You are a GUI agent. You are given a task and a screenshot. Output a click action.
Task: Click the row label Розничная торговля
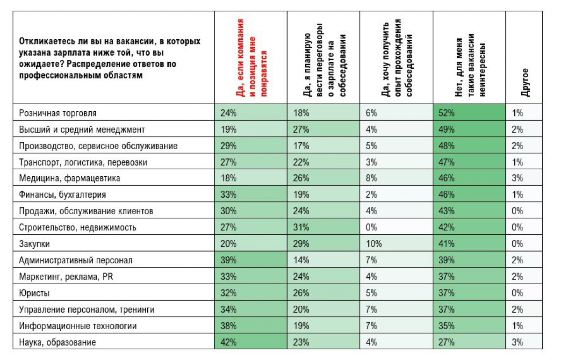(58, 113)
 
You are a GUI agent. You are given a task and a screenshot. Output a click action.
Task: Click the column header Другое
(525, 82)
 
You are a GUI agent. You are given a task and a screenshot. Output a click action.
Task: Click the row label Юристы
(34, 293)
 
